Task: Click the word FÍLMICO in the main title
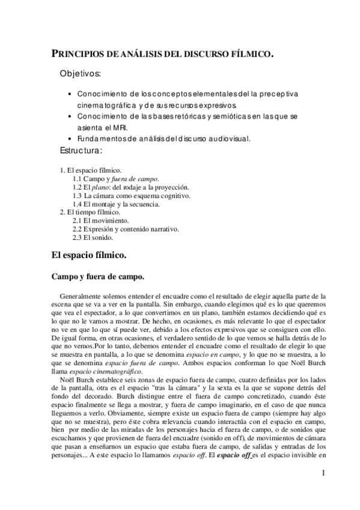tap(247, 55)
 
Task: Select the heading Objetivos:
tap(81, 74)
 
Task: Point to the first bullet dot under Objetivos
tap(72, 95)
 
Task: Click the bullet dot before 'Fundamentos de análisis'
tap(72, 138)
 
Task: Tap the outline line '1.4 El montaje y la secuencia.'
tap(117, 204)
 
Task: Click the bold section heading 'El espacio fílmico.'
tap(88, 255)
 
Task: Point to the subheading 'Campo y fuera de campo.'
tap(98, 277)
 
